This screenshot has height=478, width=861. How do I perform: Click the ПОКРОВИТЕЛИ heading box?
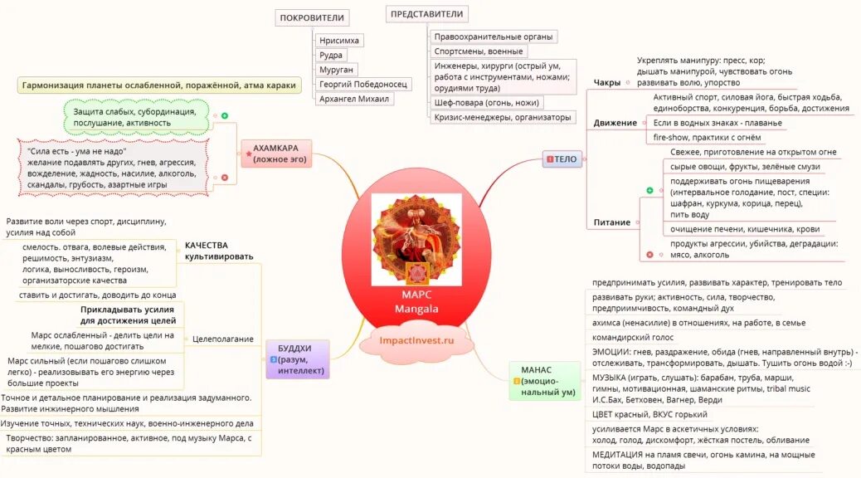(x=312, y=17)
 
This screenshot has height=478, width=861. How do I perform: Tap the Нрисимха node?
(x=340, y=40)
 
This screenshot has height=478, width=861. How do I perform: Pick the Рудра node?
(x=331, y=55)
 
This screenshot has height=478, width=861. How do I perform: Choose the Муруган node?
(x=337, y=70)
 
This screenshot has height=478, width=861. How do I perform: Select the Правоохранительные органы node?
(x=494, y=37)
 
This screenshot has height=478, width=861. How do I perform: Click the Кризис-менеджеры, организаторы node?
(x=503, y=118)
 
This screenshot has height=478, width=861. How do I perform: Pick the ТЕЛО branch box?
(x=562, y=159)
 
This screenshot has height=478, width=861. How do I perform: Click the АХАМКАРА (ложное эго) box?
(x=276, y=154)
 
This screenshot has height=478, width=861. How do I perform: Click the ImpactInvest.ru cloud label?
(x=416, y=340)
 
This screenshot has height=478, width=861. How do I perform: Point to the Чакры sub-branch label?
(x=607, y=82)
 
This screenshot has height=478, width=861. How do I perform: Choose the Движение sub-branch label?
(x=615, y=123)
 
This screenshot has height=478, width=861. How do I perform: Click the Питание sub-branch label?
(x=612, y=222)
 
